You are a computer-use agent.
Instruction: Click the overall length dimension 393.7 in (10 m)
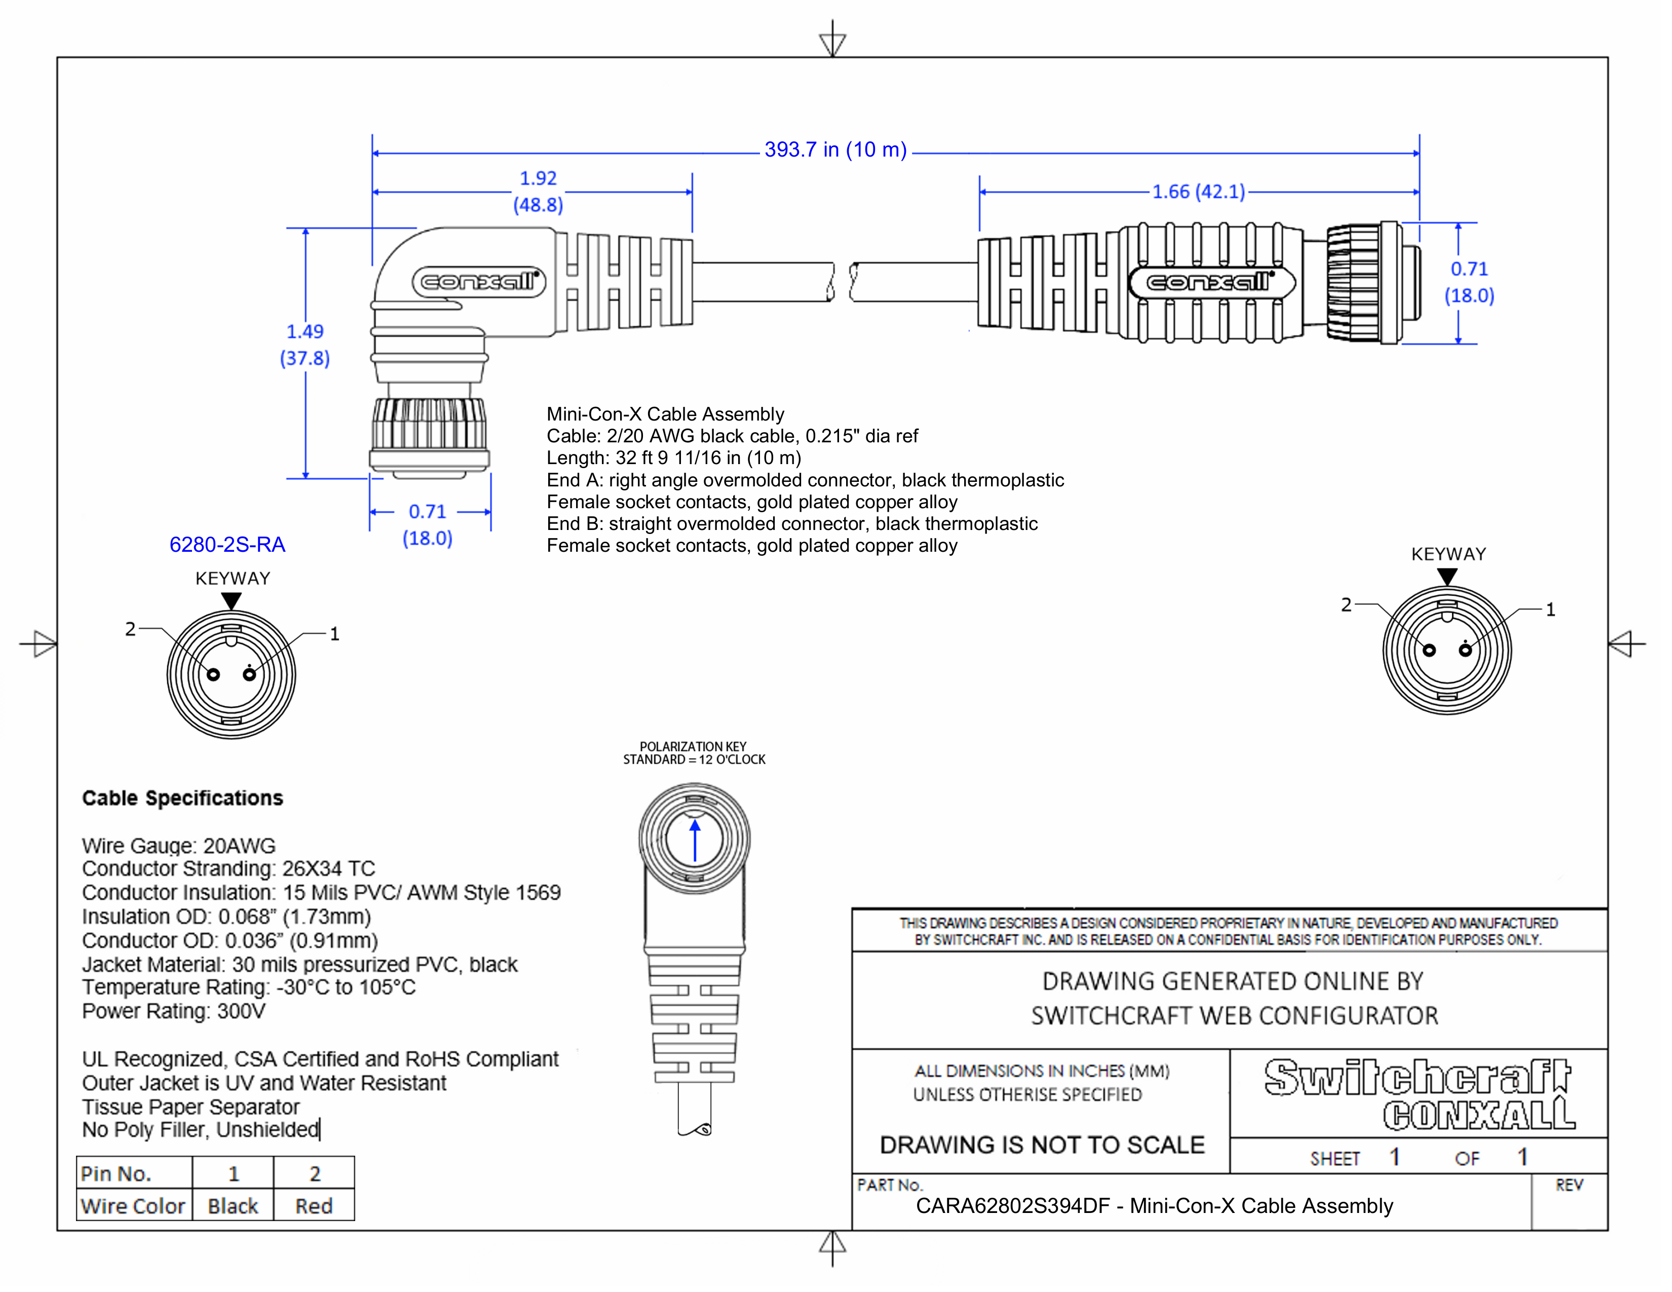tap(834, 150)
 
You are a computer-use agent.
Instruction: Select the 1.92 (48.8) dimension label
tap(538, 192)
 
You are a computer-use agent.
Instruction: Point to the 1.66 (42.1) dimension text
tap(1199, 192)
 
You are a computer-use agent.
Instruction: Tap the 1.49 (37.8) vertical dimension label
tap(305, 345)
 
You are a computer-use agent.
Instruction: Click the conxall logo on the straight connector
tap(1211, 282)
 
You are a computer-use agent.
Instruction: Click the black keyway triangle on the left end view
tap(231, 601)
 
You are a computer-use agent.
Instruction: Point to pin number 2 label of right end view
tap(1346, 604)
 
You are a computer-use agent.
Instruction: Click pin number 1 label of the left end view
tap(334, 634)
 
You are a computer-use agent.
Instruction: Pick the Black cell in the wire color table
tap(233, 1206)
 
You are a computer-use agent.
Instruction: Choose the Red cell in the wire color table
tap(314, 1206)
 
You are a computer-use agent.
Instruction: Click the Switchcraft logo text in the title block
tap(1417, 1078)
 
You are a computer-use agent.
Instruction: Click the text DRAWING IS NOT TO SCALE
tap(1042, 1145)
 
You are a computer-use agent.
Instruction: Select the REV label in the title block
tap(1569, 1185)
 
